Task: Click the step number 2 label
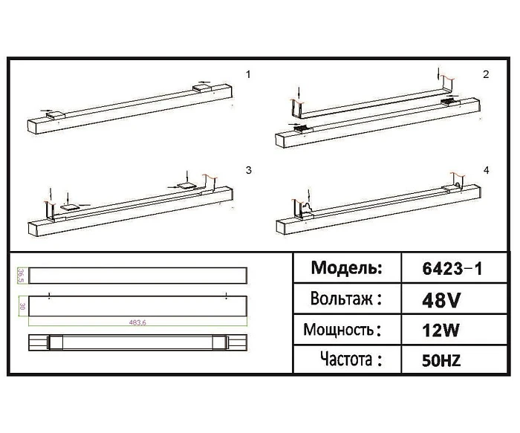(486, 74)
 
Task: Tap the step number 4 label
(486, 171)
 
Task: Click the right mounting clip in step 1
(202, 88)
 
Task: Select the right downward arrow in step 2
(439, 73)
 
